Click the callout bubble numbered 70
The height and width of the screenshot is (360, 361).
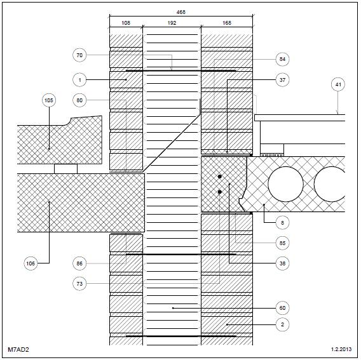(x=79, y=55)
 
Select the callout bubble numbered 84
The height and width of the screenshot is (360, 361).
(x=282, y=59)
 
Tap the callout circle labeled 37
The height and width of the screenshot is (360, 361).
(x=282, y=80)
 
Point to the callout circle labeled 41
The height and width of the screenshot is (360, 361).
(x=338, y=84)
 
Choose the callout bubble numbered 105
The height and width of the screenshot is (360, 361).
(x=49, y=100)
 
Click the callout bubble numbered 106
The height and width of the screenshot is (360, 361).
(x=31, y=263)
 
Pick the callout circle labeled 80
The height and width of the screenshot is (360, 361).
(x=79, y=100)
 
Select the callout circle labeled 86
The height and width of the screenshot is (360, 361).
(x=79, y=263)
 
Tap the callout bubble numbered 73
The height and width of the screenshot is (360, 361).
(x=79, y=283)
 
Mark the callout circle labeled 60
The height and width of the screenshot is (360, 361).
(x=282, y=308)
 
